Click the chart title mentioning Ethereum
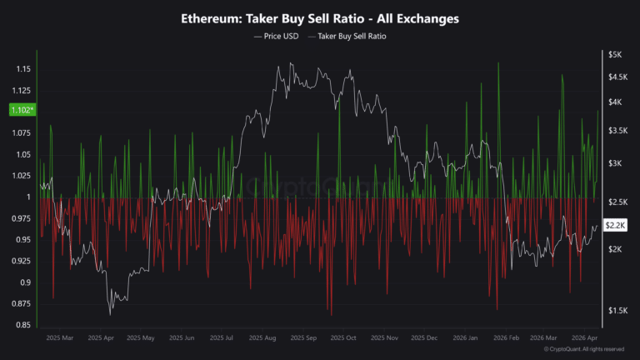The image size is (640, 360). click(320, 17)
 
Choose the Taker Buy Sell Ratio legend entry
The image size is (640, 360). click(351, 37)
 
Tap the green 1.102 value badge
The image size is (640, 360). click(22, 110)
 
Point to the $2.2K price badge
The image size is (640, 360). click(615, 225)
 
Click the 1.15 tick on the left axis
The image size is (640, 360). click(22, 69)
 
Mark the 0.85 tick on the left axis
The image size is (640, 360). click(22, 325)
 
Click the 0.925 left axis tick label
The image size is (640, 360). click(21, 261)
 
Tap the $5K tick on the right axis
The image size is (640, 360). click(614, 54)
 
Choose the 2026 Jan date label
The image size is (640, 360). click(465, 338)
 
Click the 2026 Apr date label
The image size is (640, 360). click(586, 338)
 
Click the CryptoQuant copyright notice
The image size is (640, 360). click(592, 349)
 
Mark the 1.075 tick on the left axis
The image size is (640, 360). click(21, 133)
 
